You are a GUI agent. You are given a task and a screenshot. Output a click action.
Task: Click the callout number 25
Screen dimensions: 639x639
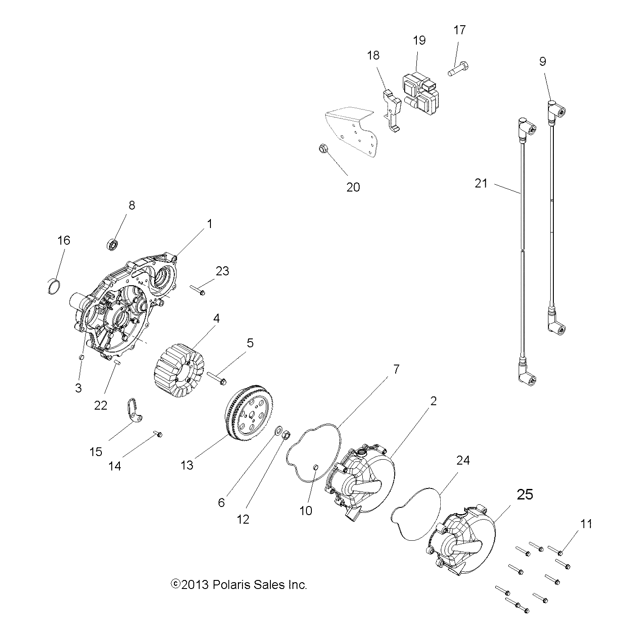525,494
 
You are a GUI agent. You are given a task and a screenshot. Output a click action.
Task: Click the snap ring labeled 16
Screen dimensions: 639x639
54,286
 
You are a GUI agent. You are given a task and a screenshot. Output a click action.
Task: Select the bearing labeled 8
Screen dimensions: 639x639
112,246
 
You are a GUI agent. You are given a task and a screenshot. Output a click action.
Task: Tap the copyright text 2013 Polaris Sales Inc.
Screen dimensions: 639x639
239,585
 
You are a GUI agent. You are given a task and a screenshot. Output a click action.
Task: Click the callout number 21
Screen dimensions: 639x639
481,183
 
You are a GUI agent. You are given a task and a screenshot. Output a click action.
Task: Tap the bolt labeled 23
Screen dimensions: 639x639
197,290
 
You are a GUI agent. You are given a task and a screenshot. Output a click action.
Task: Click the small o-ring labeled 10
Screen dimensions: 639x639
316,467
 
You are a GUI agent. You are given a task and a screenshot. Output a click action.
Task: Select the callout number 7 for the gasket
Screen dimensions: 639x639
396,369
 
